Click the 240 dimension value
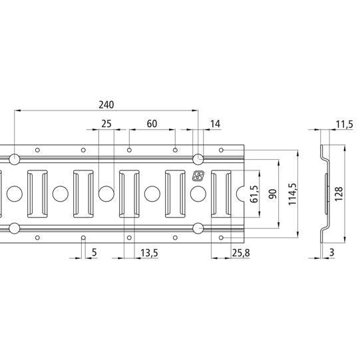pyautogui.click(x=106, y=104)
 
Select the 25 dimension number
pyautogui.click(x=106, y=124)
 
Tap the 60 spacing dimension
pyautogui.click(x=152, y=124)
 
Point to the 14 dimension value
pyautogui.click(x=215, y=124)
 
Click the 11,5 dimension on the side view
pyautogui.click(x=344, y=124)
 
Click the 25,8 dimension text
pyautogui.click(x=242, y=252)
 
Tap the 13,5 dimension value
pyautogui.click(x=150, y=252)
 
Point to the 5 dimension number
pyautogui.click(x=94, y=252)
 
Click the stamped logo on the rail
pyautogui.click(x=198, y=176)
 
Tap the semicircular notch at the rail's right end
pyautogui.click(x=243, y=194)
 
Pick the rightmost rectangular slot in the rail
pyautogui.click(x=221, y=194)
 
